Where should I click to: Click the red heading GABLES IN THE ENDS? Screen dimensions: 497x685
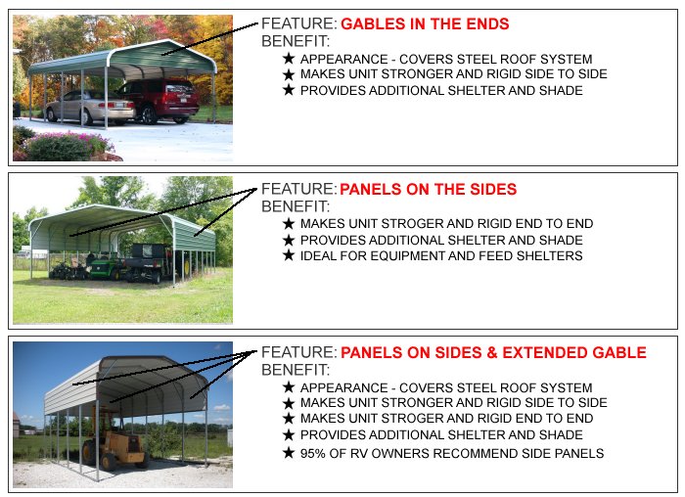(425, 23)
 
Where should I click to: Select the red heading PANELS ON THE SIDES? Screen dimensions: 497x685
(429, 189)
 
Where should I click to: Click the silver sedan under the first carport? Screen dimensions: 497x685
(88, 105)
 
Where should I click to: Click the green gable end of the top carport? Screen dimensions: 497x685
(166, 53)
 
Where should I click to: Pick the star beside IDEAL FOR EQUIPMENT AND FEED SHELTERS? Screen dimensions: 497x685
(288, 255)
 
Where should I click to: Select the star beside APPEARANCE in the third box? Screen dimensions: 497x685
(288, 387)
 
